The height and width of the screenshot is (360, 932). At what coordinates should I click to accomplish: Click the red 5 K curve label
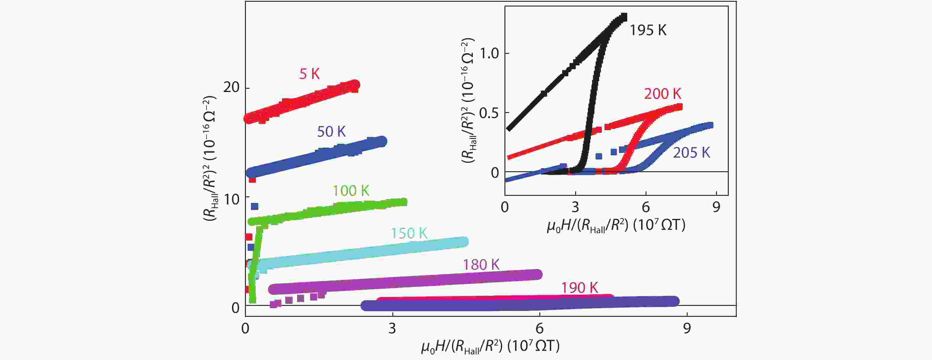309,74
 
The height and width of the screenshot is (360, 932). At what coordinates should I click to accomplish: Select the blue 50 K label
331,132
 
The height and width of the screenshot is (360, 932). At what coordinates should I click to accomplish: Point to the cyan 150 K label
409,233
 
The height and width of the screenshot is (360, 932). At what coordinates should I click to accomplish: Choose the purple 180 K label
481,265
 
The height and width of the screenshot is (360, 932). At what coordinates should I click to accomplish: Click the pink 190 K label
579,288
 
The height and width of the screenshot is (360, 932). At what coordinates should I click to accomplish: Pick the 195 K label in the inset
648,30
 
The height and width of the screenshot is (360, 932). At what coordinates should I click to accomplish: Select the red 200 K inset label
662,94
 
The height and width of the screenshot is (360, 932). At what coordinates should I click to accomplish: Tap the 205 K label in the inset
691,153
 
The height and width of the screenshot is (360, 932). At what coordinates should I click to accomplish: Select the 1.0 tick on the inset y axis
489,54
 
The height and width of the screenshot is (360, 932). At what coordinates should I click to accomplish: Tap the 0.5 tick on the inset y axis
489,113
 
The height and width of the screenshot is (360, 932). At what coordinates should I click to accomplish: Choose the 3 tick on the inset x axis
575,207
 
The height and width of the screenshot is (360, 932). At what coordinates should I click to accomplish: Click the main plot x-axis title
490,347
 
